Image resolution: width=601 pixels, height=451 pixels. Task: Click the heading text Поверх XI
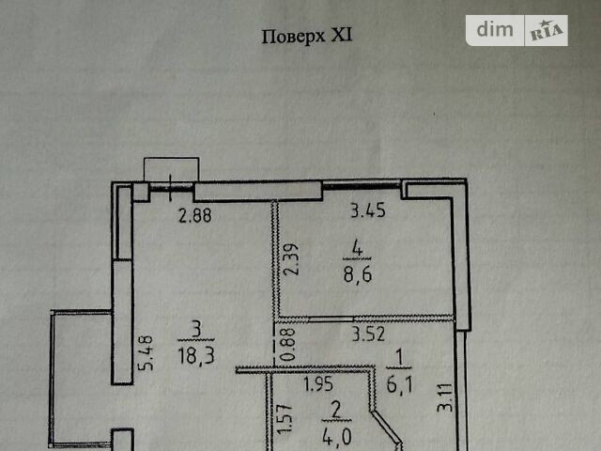point(307,37)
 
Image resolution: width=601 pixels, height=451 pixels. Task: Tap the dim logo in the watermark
point(495,30)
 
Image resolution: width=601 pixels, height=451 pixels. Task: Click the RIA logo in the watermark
point(547,30)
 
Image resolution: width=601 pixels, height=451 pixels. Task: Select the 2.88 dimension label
point(195,215)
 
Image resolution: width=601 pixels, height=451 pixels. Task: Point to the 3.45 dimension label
point(368,210)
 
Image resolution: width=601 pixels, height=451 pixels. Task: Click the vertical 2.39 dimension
point(292,259)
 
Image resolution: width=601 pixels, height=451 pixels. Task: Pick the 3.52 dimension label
point(368,334)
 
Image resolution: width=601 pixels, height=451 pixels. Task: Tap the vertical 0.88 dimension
point(288,345)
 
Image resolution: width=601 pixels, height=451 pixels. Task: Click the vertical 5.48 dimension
point(146,353)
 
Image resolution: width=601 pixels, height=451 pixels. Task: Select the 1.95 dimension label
point(318,384)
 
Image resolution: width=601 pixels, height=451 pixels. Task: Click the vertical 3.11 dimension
point(444,397)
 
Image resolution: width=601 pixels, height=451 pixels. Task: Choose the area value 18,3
point(196,357)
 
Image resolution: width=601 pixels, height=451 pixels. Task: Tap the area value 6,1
point(399,384)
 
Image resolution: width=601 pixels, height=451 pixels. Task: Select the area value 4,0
point(337,437)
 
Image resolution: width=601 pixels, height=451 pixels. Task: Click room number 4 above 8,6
point(357,249)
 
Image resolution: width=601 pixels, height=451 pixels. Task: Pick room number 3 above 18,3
point(196,330)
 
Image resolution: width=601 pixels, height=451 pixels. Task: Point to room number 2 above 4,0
point(336,411)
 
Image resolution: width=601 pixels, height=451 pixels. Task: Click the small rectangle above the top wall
point(171,169)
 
